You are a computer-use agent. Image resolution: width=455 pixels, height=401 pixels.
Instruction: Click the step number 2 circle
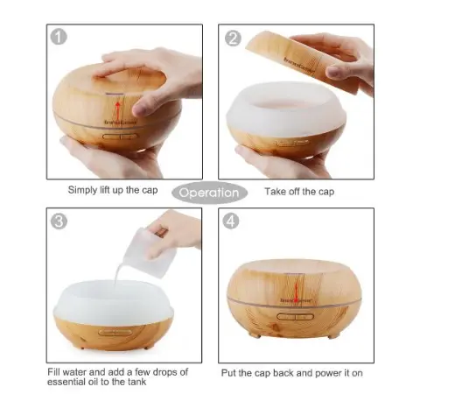tap(234, 39)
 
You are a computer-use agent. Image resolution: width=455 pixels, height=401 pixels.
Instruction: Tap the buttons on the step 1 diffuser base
tap(116, 136)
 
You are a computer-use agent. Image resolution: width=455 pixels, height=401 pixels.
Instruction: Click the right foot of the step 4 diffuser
tap(332, 335)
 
